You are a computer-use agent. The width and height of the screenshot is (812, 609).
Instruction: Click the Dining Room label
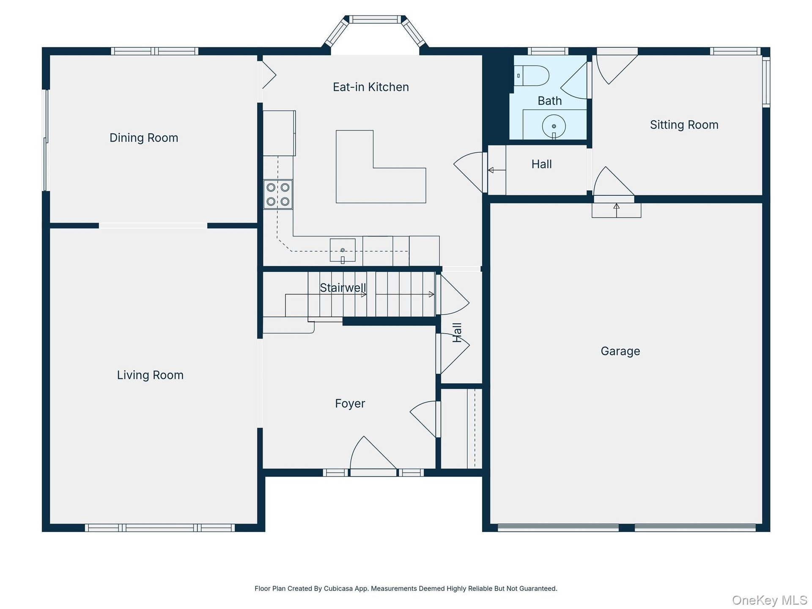tap(144, 138)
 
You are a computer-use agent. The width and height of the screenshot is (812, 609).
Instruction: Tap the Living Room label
tap(150, 375)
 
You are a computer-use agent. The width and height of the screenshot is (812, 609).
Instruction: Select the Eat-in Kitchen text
tap(371, 87)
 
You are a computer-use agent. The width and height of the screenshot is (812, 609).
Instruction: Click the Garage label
tap(620, 351)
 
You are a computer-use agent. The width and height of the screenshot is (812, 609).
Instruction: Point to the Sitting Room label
tap(684, 125)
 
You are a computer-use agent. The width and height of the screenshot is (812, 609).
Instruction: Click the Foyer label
tap(350, 403)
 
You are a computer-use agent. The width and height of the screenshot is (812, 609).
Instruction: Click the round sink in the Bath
tap(554, 126)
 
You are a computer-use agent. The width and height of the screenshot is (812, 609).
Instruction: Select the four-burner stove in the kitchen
tap(278, 195)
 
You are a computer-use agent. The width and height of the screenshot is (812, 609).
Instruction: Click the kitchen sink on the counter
tap(343, 250)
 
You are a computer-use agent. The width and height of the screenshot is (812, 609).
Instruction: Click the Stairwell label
tap(343, 288)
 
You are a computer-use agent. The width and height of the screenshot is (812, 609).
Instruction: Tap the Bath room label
tap(550, 101)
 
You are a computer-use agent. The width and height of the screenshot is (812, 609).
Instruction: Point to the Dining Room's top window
tap(155, 51)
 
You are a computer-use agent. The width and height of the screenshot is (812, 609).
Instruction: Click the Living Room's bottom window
tap(160, 528)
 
